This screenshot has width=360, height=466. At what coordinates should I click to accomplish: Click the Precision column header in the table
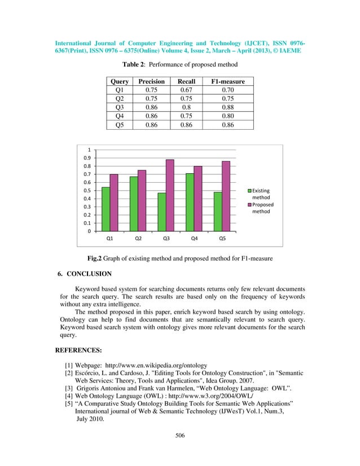(x=151, y=82)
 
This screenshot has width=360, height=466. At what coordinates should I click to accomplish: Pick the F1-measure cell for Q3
(x=227, y=107)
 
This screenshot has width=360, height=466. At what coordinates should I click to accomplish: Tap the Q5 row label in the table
(x=120, y=125)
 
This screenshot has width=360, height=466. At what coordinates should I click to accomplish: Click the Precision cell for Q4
(x=151, y=116)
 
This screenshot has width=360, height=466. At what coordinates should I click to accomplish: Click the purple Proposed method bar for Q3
(x=170, y=195)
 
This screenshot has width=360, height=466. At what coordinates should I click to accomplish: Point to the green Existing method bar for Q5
(x=218, y=212)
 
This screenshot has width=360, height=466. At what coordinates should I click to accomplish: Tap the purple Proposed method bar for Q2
(x=142, y=200)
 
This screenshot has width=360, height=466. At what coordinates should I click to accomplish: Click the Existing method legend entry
(x=260, y=194)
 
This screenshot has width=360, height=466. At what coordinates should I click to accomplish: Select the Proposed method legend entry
(x=262, y=208)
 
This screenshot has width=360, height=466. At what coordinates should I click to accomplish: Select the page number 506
(x=179, y=451)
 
